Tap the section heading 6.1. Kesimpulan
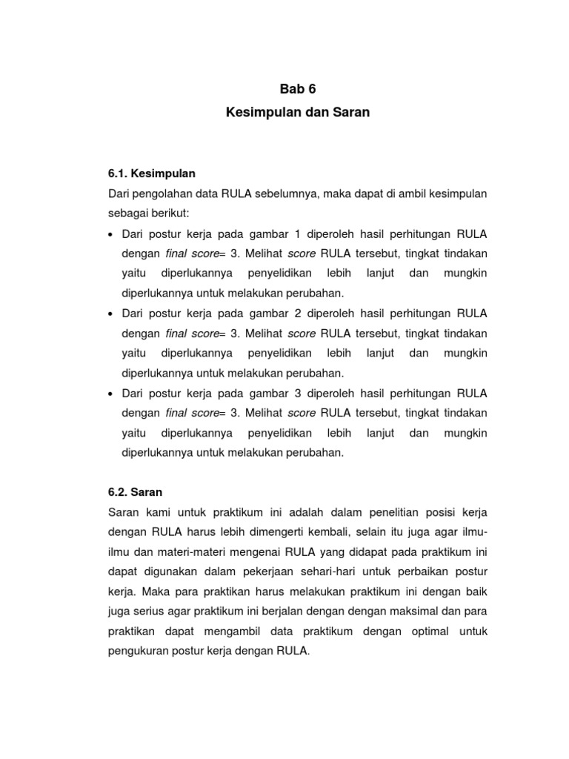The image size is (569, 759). click(x=151, y=173)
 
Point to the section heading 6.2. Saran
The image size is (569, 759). click(x=135, y=491)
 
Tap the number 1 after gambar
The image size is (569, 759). click(x=298, y=234)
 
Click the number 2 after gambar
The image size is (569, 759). click(x=298, y=314)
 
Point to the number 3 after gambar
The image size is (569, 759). click(x=298, y=393)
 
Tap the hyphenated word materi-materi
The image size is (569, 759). click(x=184, y=552)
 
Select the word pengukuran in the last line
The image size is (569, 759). click(x=139, y=652)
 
